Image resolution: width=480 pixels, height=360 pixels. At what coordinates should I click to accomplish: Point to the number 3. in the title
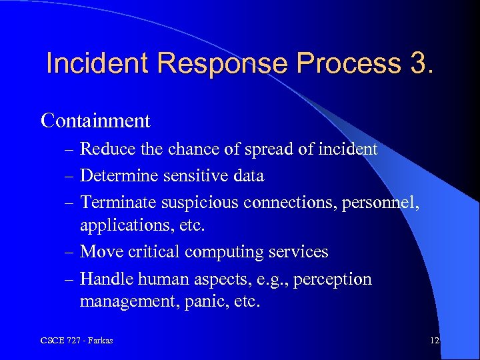[x=417, y=64]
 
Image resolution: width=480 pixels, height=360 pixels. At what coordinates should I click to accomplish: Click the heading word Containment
[x=95, y=121]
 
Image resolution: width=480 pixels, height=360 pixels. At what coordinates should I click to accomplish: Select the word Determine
[x=117, y=176]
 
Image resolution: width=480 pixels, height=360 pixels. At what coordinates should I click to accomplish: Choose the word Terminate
[x=116, y=203]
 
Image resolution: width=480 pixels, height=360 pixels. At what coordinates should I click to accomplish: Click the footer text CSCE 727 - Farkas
[x=77, y=341]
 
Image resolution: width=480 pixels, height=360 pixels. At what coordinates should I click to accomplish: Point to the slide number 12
[x=434, y=341]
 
